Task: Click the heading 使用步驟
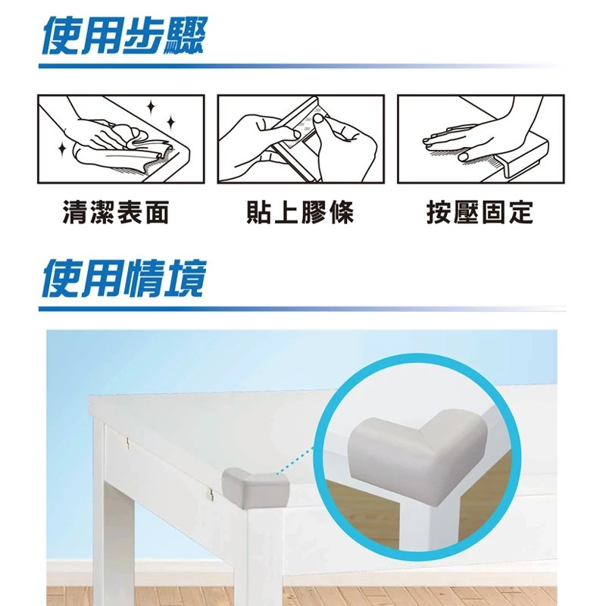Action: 121,36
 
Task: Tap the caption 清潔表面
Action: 115,213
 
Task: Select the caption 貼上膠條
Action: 300,213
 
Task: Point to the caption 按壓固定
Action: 479,213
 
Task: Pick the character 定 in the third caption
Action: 520,213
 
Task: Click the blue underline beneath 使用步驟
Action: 227,66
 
